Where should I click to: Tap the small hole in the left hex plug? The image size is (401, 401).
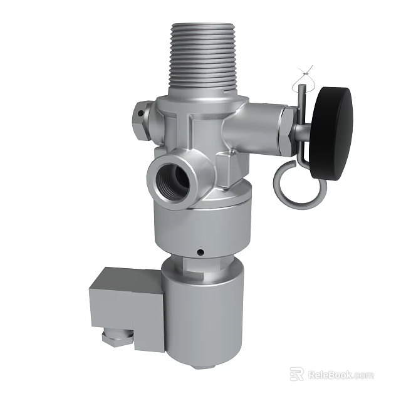click(139, 115)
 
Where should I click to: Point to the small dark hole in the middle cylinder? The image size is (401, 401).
click(199, 253)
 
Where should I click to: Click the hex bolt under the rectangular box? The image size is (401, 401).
click(117, 338)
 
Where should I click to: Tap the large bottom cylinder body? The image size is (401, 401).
click(202, 313)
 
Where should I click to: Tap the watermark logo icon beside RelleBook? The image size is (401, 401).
click(296, 374)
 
